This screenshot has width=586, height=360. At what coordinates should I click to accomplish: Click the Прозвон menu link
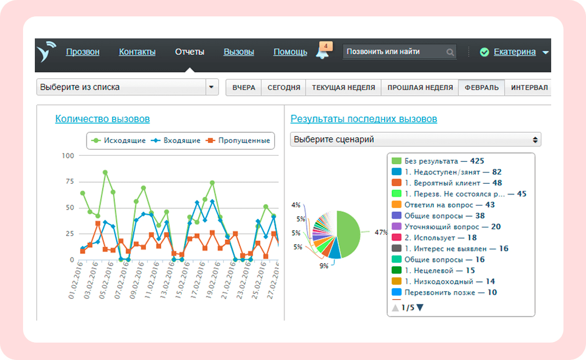(82, 52)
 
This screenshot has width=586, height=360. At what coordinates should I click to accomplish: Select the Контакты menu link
(137, 52)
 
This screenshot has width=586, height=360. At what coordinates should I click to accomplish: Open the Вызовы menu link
(239, 52)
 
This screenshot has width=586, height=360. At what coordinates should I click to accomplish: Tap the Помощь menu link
(290, 52)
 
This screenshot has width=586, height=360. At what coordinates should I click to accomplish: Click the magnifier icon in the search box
(450, 52)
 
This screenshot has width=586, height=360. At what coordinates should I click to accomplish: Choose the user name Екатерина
(515, 52)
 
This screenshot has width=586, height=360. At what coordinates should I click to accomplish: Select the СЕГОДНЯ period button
(284, 88)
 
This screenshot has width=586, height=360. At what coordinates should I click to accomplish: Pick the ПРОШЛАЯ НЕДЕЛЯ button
(420, 88)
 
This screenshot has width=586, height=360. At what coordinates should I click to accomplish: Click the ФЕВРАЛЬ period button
(482, 88)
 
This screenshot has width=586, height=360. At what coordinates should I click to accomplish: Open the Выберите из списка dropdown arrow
(212, 87)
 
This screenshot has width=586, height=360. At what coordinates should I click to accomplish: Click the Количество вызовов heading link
(102, 119)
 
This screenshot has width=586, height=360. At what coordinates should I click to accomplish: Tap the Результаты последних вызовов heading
(364, 119)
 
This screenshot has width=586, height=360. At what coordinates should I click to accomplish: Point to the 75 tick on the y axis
(70, 181)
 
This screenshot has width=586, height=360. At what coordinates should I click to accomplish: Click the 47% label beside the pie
(381, 232)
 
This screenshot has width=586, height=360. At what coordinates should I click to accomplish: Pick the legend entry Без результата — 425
(437, 161)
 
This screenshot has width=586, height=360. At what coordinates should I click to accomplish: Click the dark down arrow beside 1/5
(420, 308)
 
